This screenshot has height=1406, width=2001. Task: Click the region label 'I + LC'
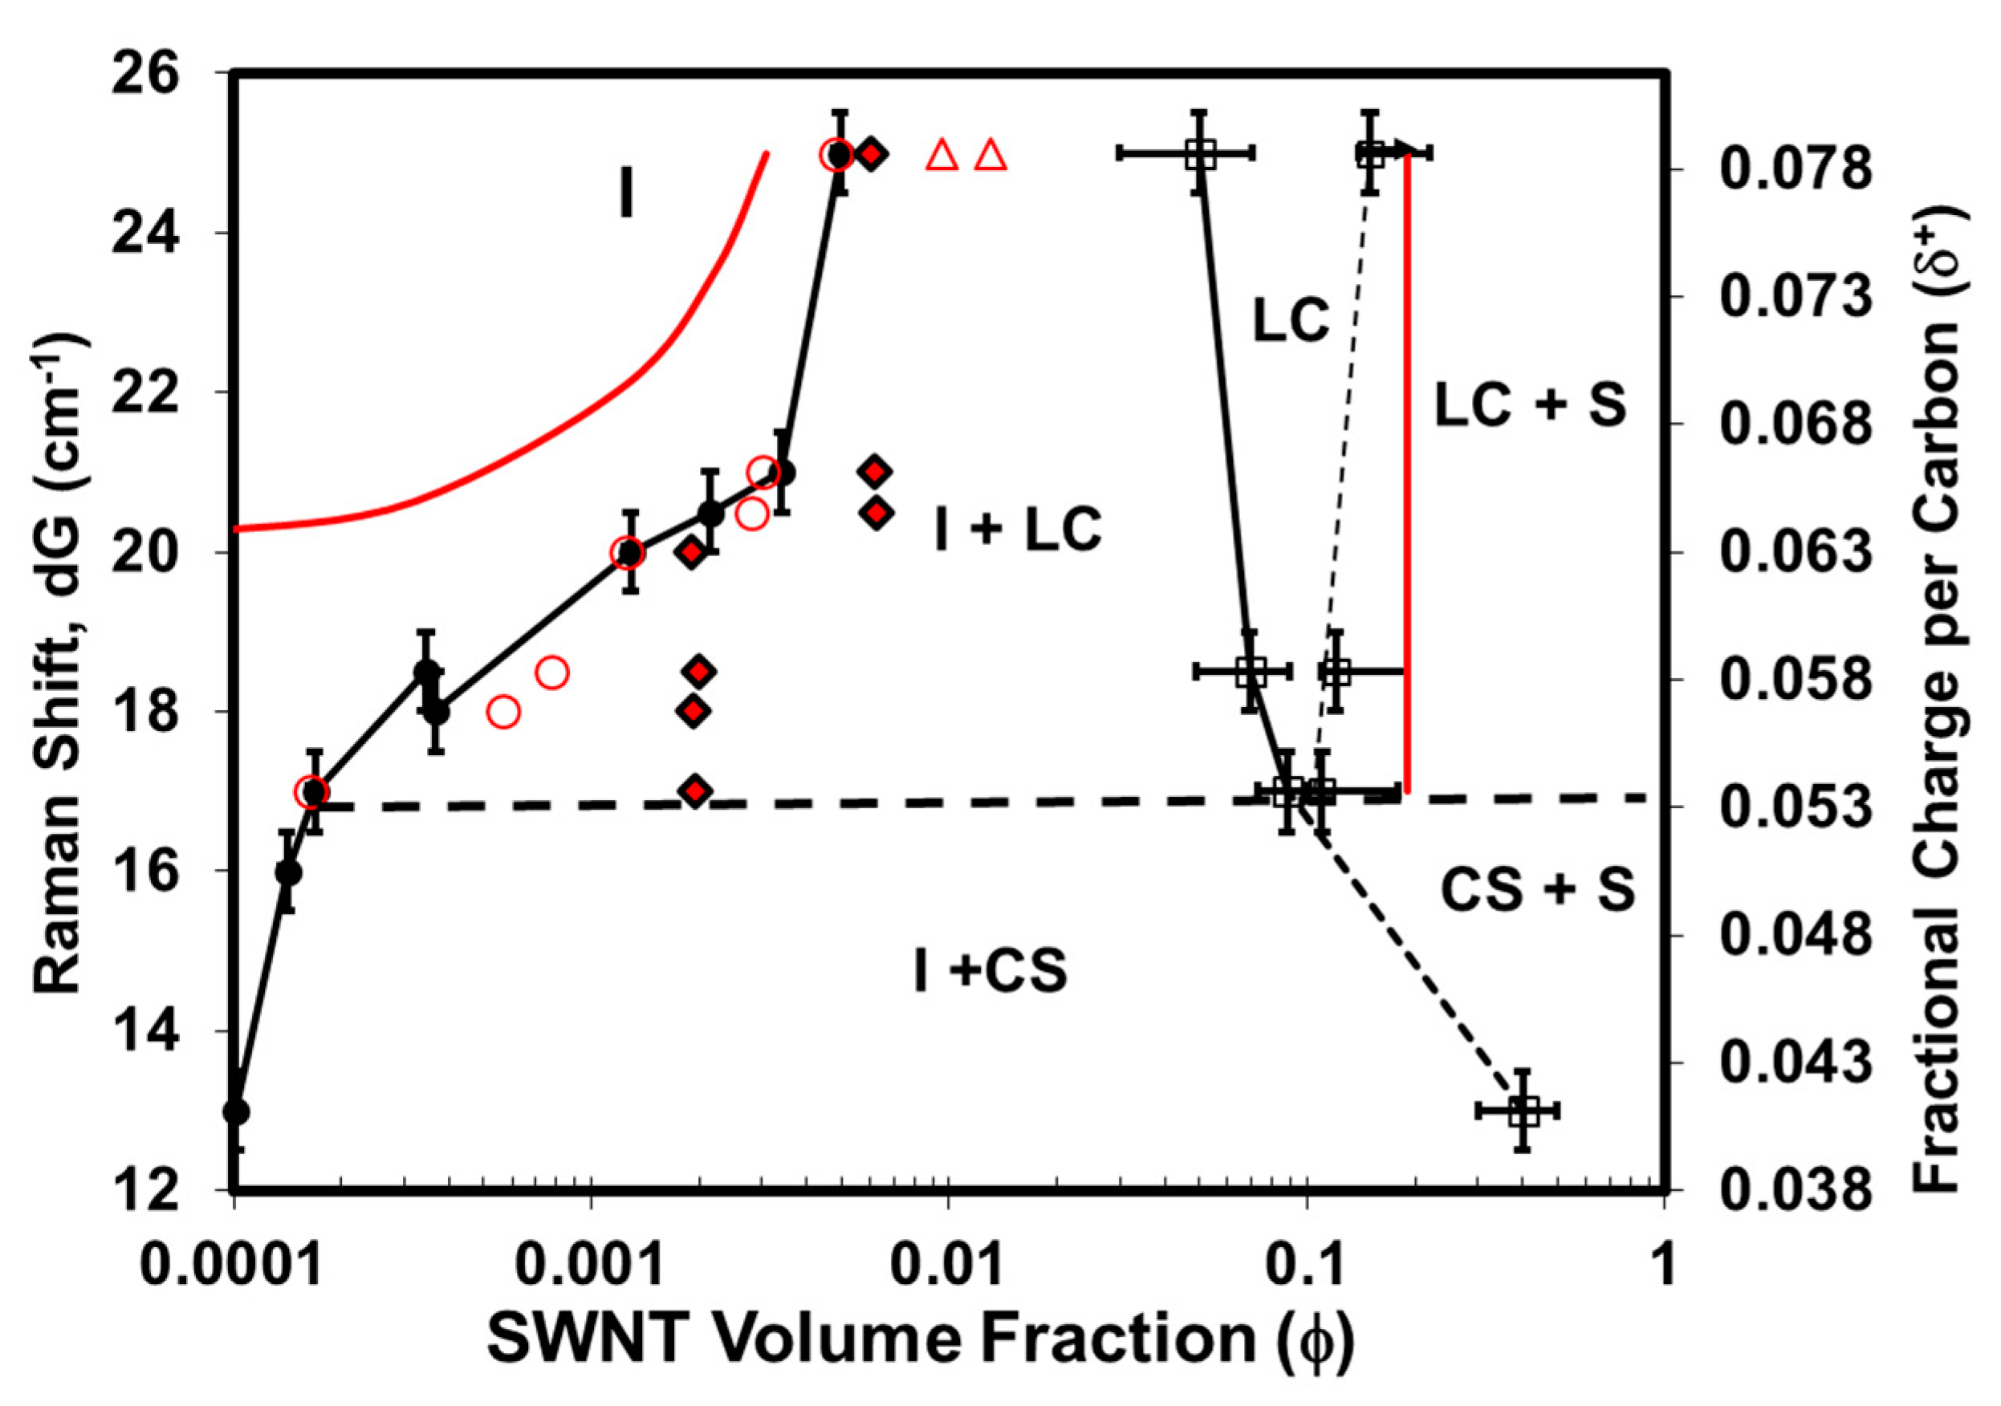(x=1017, y=529)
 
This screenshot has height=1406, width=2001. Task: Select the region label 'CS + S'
(x=1537, y=890)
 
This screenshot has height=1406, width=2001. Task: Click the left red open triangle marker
(x=942, y=156)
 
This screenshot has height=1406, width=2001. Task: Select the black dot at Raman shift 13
(x=236, y=1112)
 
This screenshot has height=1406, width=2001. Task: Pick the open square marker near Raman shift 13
(x=1522, y=1111)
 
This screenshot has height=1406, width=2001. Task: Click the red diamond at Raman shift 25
(x=872, y=154)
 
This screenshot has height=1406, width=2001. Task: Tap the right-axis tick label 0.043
(x=1796, y=1063)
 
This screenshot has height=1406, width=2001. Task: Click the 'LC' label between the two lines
(x=1291, y=319)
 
